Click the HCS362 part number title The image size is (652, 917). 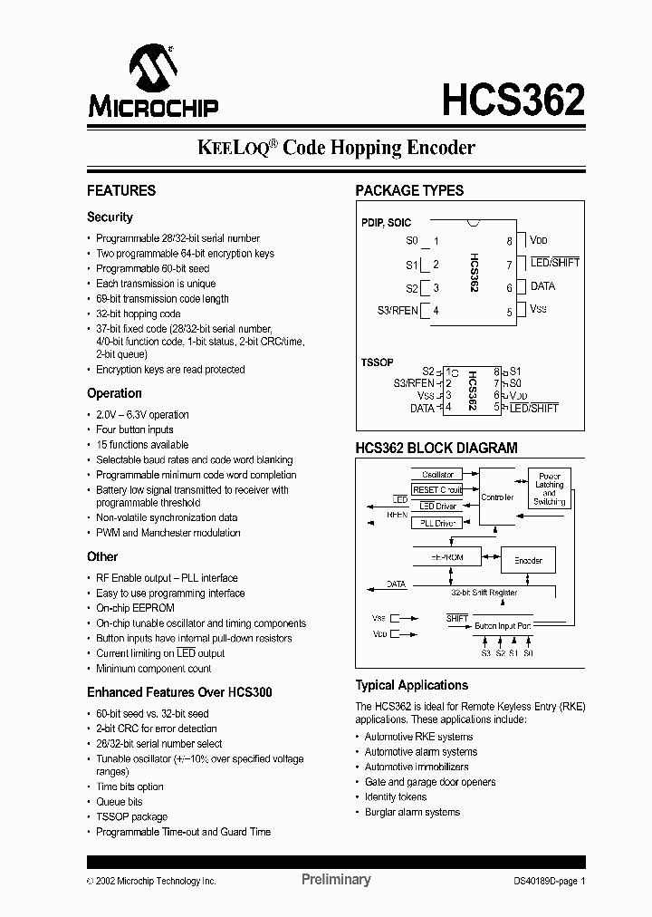click(x=513, y=100)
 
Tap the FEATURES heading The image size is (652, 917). click(x=121, y=191)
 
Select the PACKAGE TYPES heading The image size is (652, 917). click(x=409, y=191)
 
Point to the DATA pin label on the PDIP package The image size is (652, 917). click(x=542, y=286)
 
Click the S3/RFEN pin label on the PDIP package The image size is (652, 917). click(x=398, y=311)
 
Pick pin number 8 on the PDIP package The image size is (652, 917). click(x=510, y=241)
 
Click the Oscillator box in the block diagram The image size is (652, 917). click(x=438, y=474)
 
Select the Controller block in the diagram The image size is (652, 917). click(x=497, y=497)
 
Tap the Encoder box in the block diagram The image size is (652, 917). click(x=528, y=560)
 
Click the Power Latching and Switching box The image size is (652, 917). click(x=549, y=488)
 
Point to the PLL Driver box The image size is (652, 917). click(x=438, y=523)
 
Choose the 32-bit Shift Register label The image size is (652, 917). click(x=484, y=593)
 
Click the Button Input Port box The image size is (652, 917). click(x=503, y=625)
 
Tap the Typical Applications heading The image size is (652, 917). click(x=411, y=686)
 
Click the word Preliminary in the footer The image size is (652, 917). click(x=335, y=880)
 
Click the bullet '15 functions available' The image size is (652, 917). click(x=142, y=445)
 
